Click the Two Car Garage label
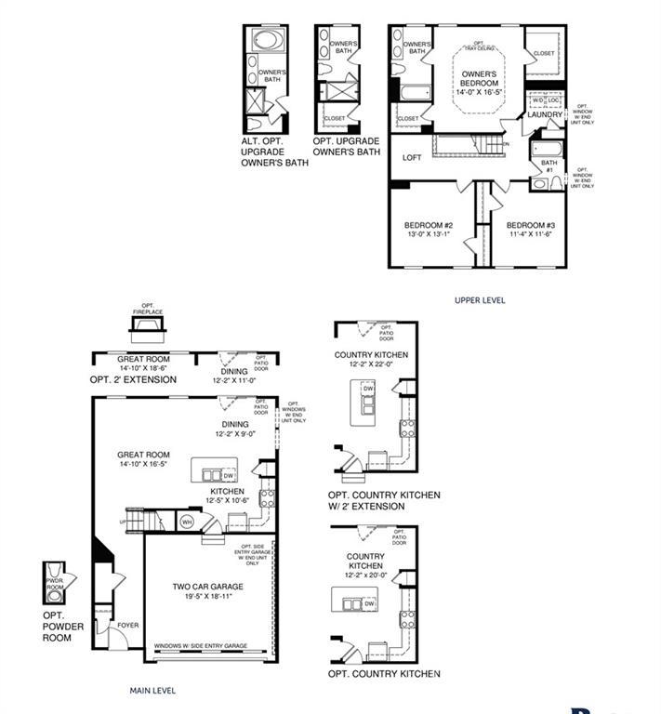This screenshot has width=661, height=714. tap(207, 587)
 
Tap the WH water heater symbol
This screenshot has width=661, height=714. tap(186, 522)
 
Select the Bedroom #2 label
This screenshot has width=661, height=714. tap(428, 226)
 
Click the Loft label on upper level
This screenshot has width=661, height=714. tap(412, 158)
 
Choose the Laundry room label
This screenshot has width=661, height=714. tap(545, 115)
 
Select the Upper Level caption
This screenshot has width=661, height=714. tap(480, 300)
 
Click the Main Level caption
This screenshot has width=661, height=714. tap(152, 691)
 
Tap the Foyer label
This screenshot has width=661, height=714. tap(128, 626)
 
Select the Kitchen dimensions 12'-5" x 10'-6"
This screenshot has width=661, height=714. tap(227, 501)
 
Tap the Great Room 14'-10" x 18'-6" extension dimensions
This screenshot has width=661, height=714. tap(141, 368)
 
